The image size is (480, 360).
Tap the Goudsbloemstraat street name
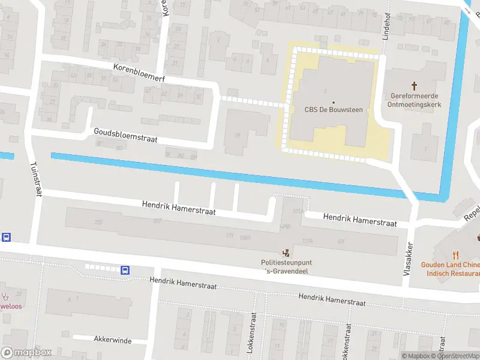pyautogui.click(x=125, y=135)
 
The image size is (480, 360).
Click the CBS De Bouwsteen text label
pyautogui.click(x=334, y=110)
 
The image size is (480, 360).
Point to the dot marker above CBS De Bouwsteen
pyautogui.click(x=334, y=102)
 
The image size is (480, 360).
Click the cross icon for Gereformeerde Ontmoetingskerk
pyautogui.click(x=415, y=86)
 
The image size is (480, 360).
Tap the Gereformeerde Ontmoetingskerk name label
pyautogui.click(x=415, y=100)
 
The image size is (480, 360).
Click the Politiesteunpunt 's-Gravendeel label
pyautogui.click(x=286, y=267)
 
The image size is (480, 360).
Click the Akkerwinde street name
pyautogui.click(x=112, y=340)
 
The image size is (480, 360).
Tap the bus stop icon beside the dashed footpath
pyautogui.click(x=125, y=270)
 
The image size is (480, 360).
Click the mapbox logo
pyautogui.click(x=26, y=353)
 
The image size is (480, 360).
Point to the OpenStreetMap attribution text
pyautogui.click(x=458, y=356)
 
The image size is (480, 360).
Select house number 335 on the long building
pyautogui.click(x=98, y=223)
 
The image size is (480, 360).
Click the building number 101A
pyautogui.click(x=297, y=212)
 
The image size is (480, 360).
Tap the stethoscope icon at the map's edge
pyautogui.click(x=5, y=295)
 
